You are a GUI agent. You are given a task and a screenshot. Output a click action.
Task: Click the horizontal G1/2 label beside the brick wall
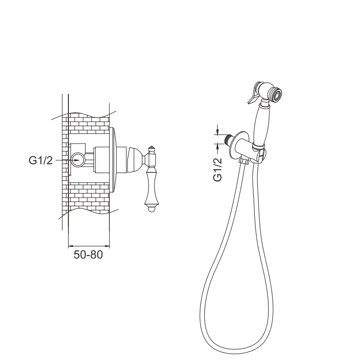pyautogui.click(x=40, y=161)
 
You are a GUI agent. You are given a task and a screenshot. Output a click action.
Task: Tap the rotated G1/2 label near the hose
pyautogui.click(x=218, y=170)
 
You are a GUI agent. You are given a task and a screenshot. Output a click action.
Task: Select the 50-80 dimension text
pyautogui.click(x=88, y=255)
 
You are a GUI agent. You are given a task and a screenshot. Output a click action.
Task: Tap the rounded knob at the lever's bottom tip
pyautogui.click(x=150, y=209)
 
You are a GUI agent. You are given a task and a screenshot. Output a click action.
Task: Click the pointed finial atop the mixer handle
pyautogui.click(x=151, y=148)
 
